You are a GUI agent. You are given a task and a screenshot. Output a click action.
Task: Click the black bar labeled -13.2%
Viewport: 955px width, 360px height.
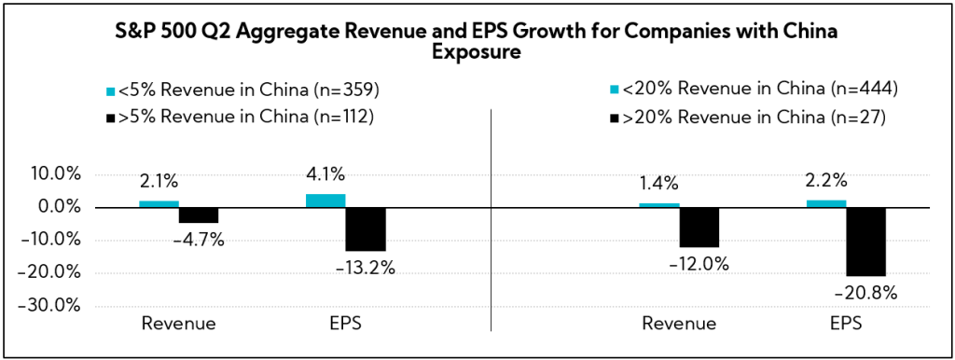click(x=366, y=229)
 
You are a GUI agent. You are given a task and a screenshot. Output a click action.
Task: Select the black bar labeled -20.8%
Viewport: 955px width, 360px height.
click(x=865, y=242)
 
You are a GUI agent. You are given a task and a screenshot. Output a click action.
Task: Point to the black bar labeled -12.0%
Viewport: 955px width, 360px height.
click(x=699, y=227)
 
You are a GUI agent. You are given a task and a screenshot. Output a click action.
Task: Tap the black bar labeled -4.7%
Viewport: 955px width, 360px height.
click(x=199, y=215)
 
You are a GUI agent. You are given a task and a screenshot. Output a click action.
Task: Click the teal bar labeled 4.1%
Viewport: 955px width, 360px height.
click(x=325, y=201)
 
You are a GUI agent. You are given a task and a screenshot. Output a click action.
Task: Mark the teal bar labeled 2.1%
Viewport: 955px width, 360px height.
click(x=159, y=203)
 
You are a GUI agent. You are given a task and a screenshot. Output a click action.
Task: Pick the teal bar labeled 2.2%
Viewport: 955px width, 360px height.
click(x=826, y=203)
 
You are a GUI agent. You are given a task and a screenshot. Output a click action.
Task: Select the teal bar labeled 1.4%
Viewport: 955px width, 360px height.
click(x=659, y=205)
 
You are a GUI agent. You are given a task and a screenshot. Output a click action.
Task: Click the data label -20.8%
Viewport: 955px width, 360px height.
click(x=866, y=292)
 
